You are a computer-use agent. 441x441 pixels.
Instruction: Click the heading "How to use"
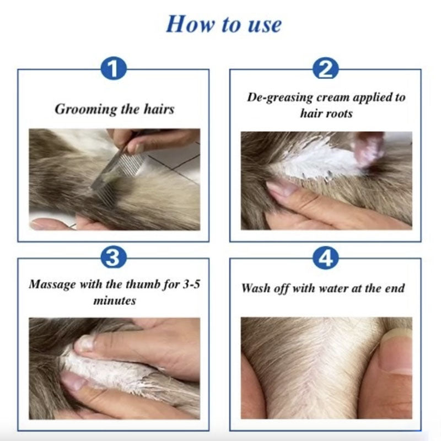(224, 24)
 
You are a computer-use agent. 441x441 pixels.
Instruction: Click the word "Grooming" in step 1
(81, 109)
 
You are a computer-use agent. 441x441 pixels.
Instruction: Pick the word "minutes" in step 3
(114, 301)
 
